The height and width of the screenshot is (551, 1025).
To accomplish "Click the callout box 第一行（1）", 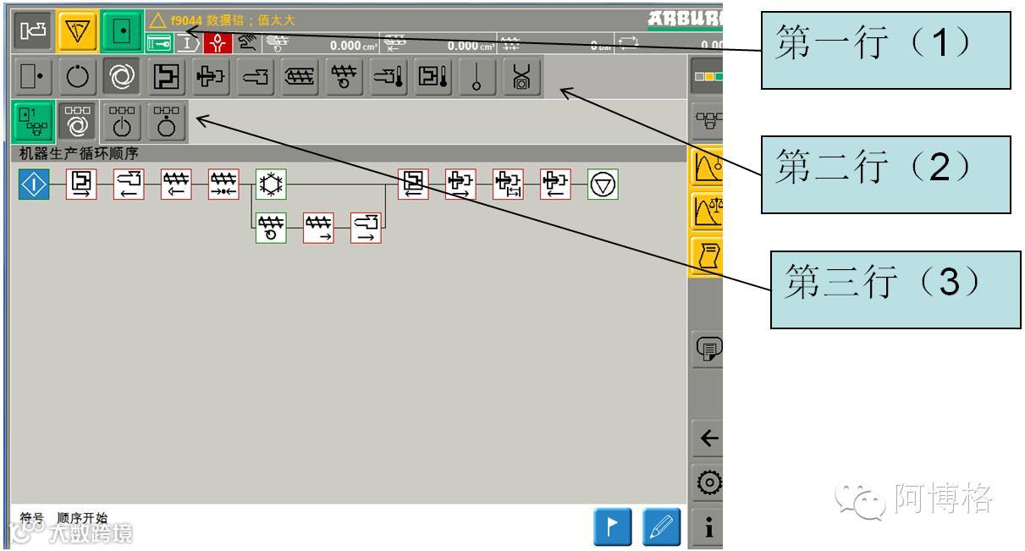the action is tap(886, 50).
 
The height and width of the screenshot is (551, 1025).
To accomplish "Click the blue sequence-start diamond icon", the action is tap(34, 183).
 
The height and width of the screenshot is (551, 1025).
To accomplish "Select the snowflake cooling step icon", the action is tap(272, 184).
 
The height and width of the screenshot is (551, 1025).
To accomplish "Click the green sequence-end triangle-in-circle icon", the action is tap(603, 184).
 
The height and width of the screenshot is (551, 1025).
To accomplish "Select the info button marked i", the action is tap(708, 529).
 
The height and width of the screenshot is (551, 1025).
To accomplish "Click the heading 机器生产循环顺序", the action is tap(79, 153).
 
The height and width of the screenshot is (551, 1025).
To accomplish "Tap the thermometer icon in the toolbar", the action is tap(478, 78).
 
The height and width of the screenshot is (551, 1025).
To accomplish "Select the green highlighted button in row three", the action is tap(33, 120).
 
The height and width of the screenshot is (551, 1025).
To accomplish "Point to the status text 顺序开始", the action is tap(82, 517).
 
